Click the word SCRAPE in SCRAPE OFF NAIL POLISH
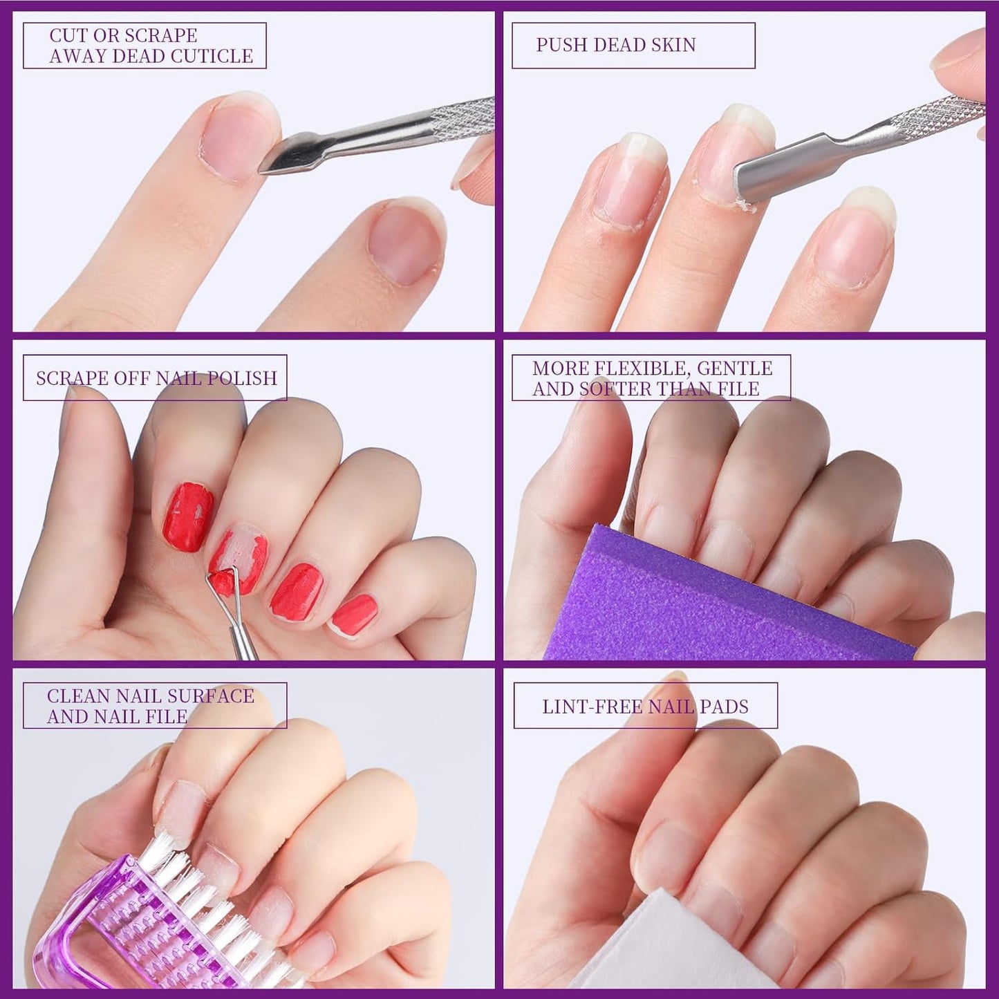[x=73, y=378]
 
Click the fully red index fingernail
[x=188, y=516]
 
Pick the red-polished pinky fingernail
[x=354, y=614]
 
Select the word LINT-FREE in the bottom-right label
[x=591, y=707]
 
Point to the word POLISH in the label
[x=243, y=378]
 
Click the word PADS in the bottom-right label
[x=724, y=707]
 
